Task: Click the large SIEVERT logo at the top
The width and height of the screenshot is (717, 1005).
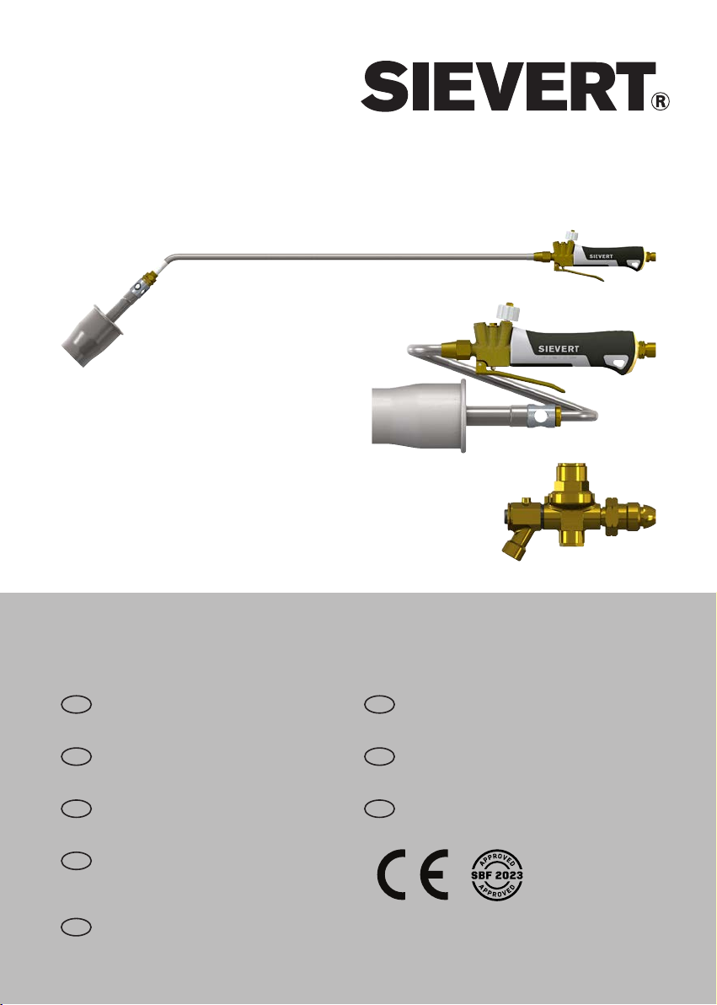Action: [x=507, y=87]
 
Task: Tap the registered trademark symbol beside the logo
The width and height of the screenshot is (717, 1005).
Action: [x=661, y=101]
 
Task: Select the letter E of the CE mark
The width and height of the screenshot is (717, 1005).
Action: [x=434, y=874]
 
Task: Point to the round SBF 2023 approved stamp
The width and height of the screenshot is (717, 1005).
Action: [x=496, y=875]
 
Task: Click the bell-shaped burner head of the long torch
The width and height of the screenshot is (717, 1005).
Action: [x=89, y=336]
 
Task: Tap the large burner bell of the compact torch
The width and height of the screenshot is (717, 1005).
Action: [x=419, y=413]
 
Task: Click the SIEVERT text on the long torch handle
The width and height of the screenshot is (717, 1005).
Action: [x=601, y=255]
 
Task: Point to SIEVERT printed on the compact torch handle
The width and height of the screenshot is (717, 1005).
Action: [x=559, y=349]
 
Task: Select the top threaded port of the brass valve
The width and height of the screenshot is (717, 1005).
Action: [x=572, y=476]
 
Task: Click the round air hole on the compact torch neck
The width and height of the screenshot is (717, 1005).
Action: [x=541, y=416]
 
